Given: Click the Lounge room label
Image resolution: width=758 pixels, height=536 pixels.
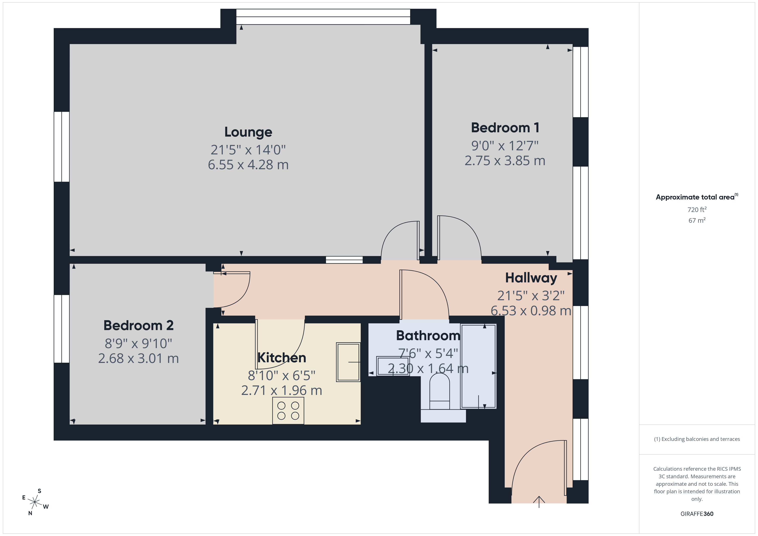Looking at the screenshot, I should (248, 132).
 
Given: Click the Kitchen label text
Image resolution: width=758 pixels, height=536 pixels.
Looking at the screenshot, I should (282, 358).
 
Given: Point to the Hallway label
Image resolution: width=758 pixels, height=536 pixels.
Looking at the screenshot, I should (531, 278).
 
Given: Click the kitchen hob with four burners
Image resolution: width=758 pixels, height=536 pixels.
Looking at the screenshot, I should (288, 411).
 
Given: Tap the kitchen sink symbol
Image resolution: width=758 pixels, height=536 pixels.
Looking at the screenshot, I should (348, 362).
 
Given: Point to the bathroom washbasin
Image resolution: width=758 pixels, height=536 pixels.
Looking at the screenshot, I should (393, 366).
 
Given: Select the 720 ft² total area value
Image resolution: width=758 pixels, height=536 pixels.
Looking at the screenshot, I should (697, 210).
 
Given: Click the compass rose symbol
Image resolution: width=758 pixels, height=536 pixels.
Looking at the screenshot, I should (35, 502).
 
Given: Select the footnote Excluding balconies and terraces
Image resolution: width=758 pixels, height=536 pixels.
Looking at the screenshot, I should (697, 439).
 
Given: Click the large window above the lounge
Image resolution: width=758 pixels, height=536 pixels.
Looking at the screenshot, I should (323, 17).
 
